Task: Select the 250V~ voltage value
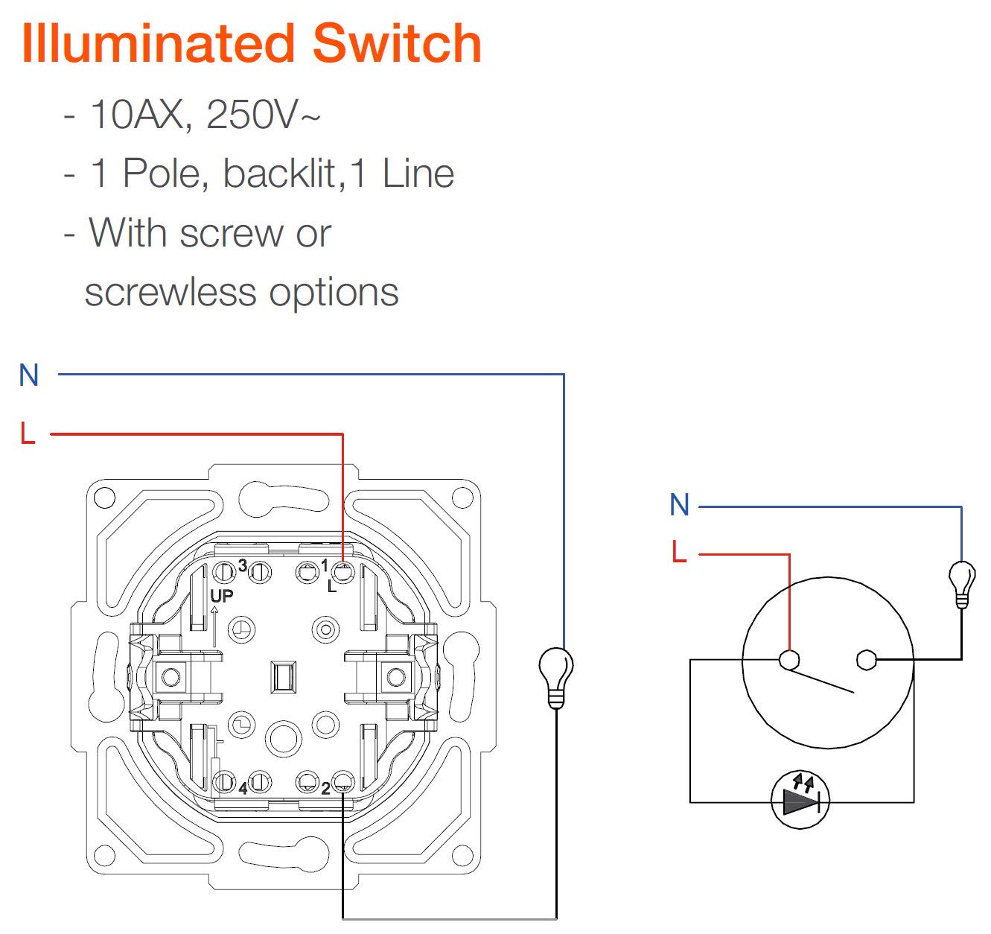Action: coord(263,115)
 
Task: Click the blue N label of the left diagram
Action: coord(28,375)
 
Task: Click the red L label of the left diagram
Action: coord(28,433)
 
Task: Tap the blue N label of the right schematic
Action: coord(679,506)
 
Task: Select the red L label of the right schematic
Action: coord(678,553)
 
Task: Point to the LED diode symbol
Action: coord(800,801)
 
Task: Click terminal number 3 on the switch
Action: coord(242,566)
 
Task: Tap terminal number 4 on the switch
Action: coord(243,788)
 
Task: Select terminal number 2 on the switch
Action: coord(325,789)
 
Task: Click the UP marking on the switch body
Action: coord(221,596)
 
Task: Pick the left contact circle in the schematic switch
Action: coord(788,660)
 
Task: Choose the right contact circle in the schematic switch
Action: coord(866,660)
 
